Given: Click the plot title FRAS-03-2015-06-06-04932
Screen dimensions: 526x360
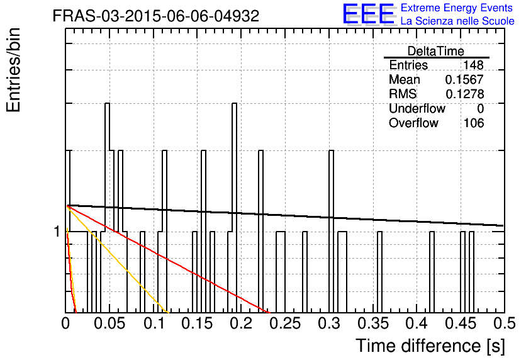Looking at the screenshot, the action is pyautogui.click(x=156, y=16).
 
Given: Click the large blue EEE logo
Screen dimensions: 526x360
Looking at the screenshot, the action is pyautogui.click(x=369, y=14).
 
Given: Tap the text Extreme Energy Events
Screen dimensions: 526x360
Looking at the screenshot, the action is pyautogui.click(x=457, y=8).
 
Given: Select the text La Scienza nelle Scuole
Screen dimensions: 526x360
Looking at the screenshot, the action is pyautogui.click(x=457, y=21).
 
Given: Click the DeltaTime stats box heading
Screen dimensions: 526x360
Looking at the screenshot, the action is pyautogui.click(x=436, y=51).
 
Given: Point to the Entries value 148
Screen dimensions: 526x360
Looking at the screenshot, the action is pyautogui.click(x=473, y=65).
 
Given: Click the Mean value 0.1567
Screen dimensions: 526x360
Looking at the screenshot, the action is pyautogui.click(x=464, y=79).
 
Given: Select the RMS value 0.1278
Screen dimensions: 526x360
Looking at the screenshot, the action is pyautogui.click(x=464, y=94).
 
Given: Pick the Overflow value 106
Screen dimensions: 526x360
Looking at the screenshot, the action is pyautogui.click(x=474, y=123).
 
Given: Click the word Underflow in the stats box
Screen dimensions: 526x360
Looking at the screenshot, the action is pyautogui.click(x=417, y=109).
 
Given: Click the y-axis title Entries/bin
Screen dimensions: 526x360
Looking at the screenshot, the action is pyautogui.click(x=13, y=70).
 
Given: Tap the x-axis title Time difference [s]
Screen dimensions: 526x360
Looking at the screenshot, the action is pyautogui.click(x=430, y=346).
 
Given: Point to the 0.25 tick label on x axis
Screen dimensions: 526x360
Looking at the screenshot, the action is pyautogui.click(x=286, y=323).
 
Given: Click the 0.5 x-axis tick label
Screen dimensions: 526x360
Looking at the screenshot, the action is pyautogui.click(x=504, y=323).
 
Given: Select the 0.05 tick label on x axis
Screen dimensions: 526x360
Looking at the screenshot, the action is pyautogui.click(x=109, y=323).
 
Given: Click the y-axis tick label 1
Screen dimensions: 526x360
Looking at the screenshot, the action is pyautogui.click(x=57, y=232).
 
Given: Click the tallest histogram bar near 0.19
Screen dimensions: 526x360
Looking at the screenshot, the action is pyautogui.click(x=235, y=208).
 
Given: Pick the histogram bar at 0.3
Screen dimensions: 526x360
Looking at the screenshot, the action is pyautogui.click(x=331, y=232).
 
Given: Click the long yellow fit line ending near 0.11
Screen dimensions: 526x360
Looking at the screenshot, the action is pyautogui.click(x=118, y=259).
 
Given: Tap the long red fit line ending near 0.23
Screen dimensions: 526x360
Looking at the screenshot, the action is pyautogui.click(x=168, y=259).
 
